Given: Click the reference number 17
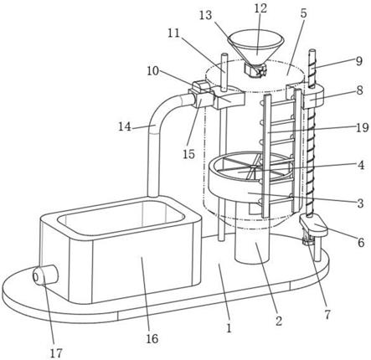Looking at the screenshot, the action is (56, 353).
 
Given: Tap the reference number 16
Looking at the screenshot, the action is (152, 338).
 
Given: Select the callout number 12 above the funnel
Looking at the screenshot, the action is (260, 8).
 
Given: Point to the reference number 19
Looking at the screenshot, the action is (363, 128).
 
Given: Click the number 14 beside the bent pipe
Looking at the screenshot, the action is (125, 126).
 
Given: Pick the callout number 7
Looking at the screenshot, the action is (327, 315).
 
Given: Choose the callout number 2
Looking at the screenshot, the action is (279, 321).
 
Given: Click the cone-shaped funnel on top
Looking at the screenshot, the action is (255, 48).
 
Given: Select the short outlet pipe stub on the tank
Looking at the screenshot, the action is (45, 275).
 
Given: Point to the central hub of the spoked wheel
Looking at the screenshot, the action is (253, 167).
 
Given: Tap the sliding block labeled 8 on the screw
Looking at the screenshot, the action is (312, 98).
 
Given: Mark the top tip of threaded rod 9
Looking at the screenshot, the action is (312, 50).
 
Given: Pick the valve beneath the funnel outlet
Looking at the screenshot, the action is (255, 69).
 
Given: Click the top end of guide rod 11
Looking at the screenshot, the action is (224, 54).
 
